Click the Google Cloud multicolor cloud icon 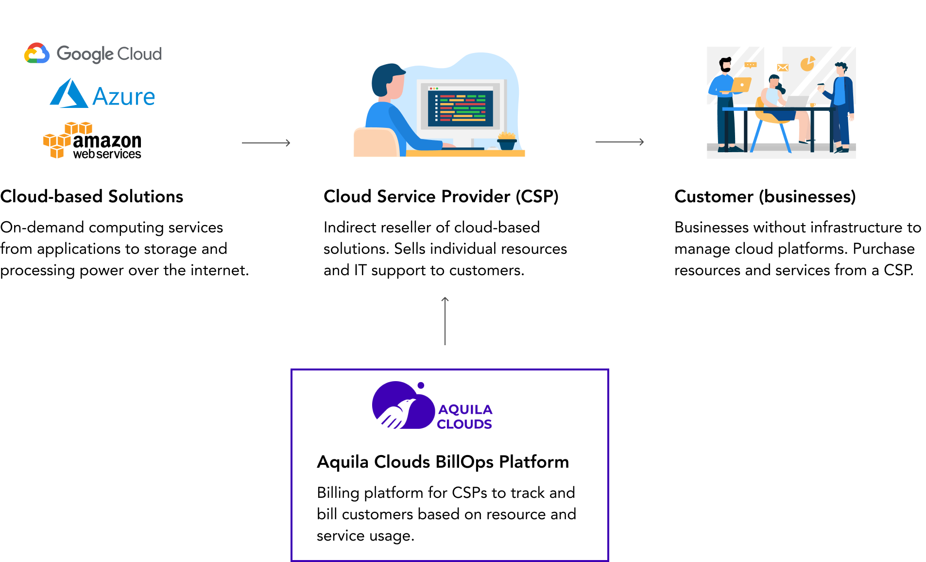point(37,53)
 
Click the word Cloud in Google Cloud point(139,53)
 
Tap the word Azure point(124,96)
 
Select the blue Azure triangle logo point(69,94)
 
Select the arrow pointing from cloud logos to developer point(266,142)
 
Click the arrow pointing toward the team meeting point(619,141)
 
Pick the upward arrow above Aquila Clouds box point(445,321)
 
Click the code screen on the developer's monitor point(460,106)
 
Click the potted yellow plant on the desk point(507,140)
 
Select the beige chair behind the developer point(375,142)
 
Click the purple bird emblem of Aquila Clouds point(401,406)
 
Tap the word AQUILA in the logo point(465,409)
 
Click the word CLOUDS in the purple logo point(464,424)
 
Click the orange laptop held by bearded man point(741,85)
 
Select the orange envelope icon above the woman point(782,68)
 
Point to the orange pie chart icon point(807,64)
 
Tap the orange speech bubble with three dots point(751,65)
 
